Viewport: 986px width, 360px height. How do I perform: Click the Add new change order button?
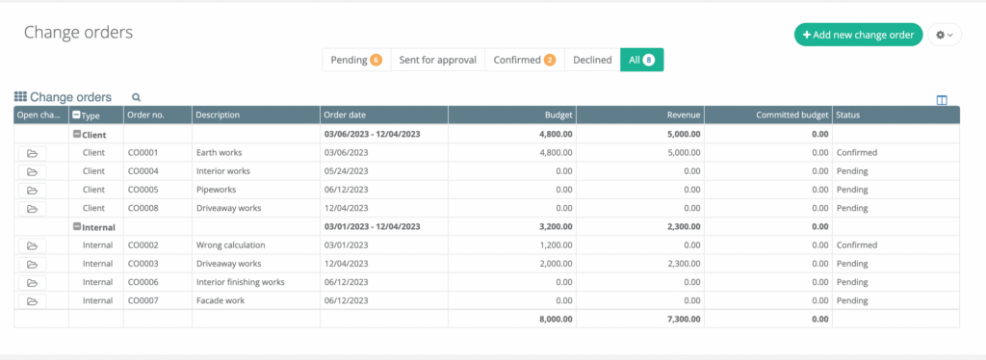pos(858,35)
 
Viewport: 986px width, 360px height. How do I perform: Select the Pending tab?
pos(355,60)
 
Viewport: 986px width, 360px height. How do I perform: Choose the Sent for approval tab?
pos(437,60)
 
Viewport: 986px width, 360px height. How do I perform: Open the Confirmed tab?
pos(524,60)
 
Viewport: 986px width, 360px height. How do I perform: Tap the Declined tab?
pos(592,60)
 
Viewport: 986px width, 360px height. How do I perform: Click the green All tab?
pos(641,60)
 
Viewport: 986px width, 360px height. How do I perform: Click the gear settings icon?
pos(944,36)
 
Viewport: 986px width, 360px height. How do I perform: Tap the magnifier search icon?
pos(137,97)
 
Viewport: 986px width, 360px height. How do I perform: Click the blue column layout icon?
pos(942,99)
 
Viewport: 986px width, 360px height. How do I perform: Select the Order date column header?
pos(345,116)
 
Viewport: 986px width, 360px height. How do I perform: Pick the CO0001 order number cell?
pos(143,152)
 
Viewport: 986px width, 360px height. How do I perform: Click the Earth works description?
pos(219,152)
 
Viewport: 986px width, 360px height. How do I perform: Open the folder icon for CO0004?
pos(32,171)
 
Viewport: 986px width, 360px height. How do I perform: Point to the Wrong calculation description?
pos(230,245)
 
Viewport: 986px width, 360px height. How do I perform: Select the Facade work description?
pos(221,300)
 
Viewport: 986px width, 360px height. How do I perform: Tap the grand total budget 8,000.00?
pos(553,319)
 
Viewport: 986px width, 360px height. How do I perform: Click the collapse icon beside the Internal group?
pos(77,227)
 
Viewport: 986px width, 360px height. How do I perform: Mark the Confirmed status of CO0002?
pos(857,245)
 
